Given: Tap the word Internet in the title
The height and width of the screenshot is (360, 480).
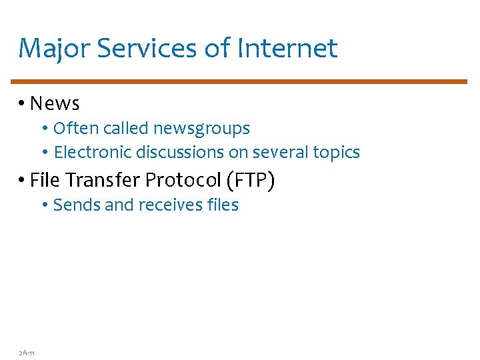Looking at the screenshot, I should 288,49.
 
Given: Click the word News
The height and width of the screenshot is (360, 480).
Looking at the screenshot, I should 55,103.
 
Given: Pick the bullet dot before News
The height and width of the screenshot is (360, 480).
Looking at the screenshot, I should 22,103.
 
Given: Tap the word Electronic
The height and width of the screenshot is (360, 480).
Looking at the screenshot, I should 93,153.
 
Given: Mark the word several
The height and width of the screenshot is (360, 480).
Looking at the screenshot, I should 282,153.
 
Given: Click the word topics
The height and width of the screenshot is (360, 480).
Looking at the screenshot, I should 337,153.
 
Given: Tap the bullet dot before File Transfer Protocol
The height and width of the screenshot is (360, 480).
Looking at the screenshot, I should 22,181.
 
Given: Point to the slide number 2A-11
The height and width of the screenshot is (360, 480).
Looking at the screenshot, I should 27,352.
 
